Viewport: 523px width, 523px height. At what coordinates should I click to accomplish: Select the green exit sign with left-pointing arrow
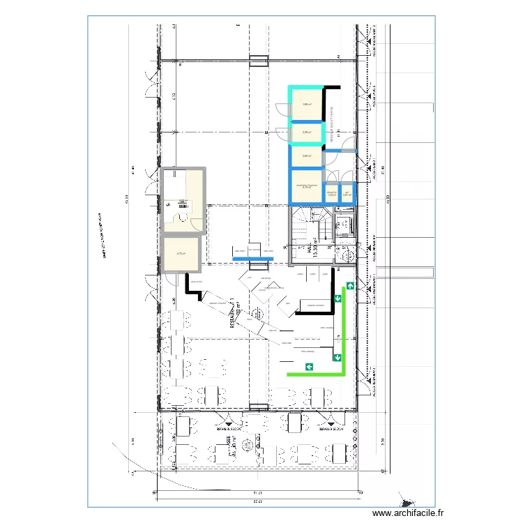click(x=308, y=366)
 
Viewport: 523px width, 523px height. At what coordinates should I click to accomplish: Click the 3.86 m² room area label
click(x=306, y=105)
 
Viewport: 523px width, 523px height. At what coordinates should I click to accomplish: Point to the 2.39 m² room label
click(x=306, y=132)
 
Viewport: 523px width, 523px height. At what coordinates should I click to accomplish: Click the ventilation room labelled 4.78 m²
click(x=307, y=187)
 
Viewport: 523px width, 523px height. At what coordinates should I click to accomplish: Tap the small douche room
click(x=332, y=193)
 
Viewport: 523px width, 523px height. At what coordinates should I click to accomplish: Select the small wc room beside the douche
click(x=347, y=193)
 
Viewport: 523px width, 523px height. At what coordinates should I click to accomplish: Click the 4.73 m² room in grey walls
click(x=180, y=254)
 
